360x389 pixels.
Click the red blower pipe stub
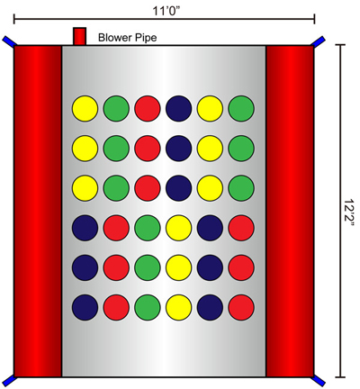point(80,36)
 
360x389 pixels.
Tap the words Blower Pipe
point(128,38)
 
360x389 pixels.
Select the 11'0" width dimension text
point(166,11)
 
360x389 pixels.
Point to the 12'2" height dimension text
point(349,213)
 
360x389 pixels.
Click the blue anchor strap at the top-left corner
point(8,41)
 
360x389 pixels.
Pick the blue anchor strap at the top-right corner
point(319,41)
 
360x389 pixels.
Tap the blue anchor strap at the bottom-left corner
point(8,381)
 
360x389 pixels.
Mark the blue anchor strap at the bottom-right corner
point(319,381)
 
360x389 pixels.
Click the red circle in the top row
point(148,108)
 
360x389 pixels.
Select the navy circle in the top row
point(178,108)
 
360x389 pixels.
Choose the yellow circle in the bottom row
point(178,307)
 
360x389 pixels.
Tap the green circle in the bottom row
point(148,307)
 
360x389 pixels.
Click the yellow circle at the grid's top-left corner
point(85,108)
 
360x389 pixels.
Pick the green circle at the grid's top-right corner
point(241,108)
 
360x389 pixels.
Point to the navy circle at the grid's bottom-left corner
point(85,307)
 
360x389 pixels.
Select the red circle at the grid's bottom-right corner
point(241,307)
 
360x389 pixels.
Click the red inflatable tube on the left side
point(38,212)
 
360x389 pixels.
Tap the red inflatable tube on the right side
point(290,212)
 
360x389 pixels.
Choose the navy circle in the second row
point(178,149)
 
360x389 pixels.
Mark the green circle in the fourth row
point(148,228)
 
